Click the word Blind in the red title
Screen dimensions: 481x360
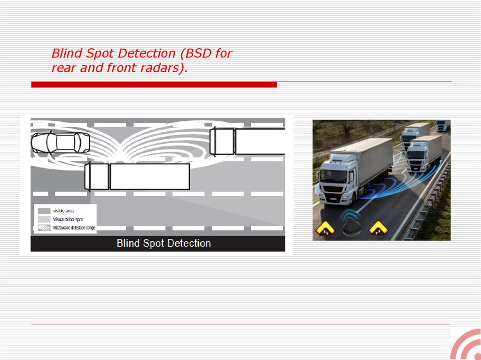[67, 53]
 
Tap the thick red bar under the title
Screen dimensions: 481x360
[154, 84]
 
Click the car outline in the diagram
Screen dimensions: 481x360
[61, 143]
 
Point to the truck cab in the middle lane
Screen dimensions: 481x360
[97, 176]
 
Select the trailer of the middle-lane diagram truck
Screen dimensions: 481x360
[150, 176]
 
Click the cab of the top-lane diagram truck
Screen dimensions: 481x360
[222, 141]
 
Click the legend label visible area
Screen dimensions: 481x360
[63, 211]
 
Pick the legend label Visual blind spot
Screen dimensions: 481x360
[68, 220]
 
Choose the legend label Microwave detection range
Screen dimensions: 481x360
[74, 228]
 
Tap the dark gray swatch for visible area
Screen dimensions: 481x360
[44, 211]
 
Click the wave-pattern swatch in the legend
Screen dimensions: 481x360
[44, 228]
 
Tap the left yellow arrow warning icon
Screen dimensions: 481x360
[325, 229]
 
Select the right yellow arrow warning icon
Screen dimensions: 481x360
[379, 229]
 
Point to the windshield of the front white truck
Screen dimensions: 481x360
[334, 176]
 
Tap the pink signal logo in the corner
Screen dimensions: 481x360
[465, 345]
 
